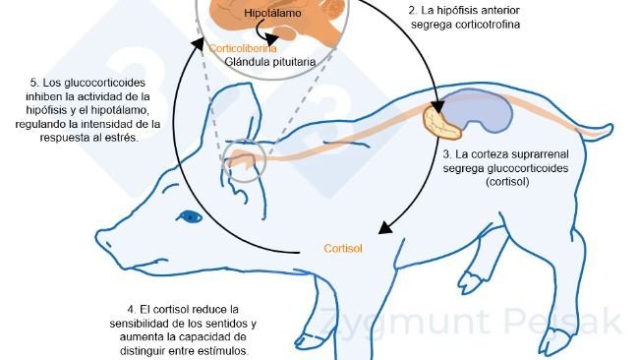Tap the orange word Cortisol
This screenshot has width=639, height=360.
pyautogui.click(x=343, y=248)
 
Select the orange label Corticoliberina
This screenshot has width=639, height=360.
pyautogui.click(x=243, y=47)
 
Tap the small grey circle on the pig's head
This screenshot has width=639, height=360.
pyautogui.click(x=246, y=161)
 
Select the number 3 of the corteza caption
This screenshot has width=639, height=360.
pyautogui.click(x=446, y=154)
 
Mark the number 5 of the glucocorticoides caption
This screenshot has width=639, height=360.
pyautogui.click(x=33, y=82)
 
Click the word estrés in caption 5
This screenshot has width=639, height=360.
pyautogui.click(x=124, y=138)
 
